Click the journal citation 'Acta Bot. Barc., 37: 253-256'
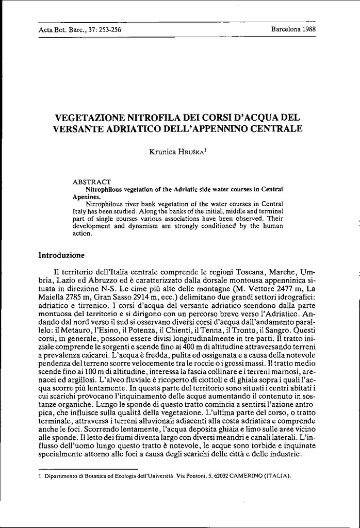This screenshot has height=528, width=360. coord(80,29)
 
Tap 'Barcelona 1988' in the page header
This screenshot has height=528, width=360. coord(293,29)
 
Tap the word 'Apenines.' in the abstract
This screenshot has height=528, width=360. coord(86,197)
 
